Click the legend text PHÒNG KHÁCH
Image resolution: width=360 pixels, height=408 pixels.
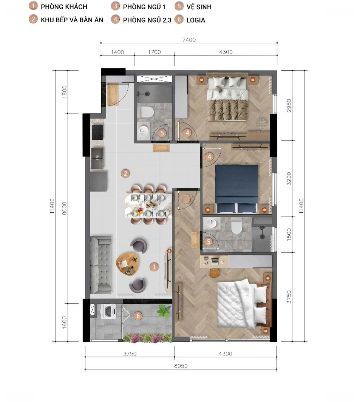64,7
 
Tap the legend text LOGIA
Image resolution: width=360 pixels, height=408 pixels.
196,20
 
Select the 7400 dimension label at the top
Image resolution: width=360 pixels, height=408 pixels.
189,40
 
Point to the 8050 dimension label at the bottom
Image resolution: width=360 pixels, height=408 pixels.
181,366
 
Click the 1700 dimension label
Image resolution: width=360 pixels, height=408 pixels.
154,52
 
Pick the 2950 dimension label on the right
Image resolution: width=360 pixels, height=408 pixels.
289,105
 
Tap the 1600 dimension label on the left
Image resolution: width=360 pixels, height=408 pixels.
64,322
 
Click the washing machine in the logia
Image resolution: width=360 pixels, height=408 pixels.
108,311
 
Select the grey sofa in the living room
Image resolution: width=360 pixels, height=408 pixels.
100,265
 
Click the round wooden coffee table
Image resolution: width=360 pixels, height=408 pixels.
127,264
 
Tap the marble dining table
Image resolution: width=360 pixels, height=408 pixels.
148,205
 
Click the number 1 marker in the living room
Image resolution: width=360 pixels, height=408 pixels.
154,267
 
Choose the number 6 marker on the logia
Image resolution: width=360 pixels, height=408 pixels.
138,316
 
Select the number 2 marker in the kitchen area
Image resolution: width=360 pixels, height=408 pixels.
125,173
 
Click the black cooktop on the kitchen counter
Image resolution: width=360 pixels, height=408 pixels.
97,132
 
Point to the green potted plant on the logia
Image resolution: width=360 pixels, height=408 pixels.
164,311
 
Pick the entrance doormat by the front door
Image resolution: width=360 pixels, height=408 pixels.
113,95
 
